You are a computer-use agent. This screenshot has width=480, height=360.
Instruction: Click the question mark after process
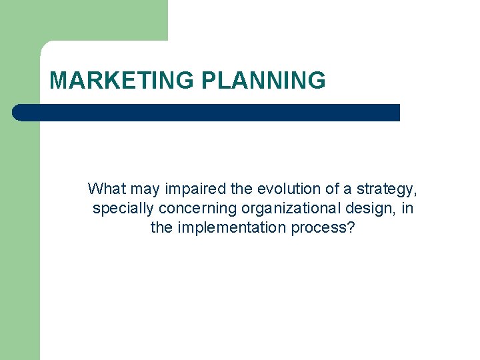click(x=351, y=228)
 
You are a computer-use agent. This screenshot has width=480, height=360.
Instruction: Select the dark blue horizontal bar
click(x=207, y=113)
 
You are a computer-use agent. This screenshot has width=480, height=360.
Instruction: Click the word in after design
click(x=407, y=209)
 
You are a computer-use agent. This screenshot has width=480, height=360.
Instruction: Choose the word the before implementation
click(x=162, y=228)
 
